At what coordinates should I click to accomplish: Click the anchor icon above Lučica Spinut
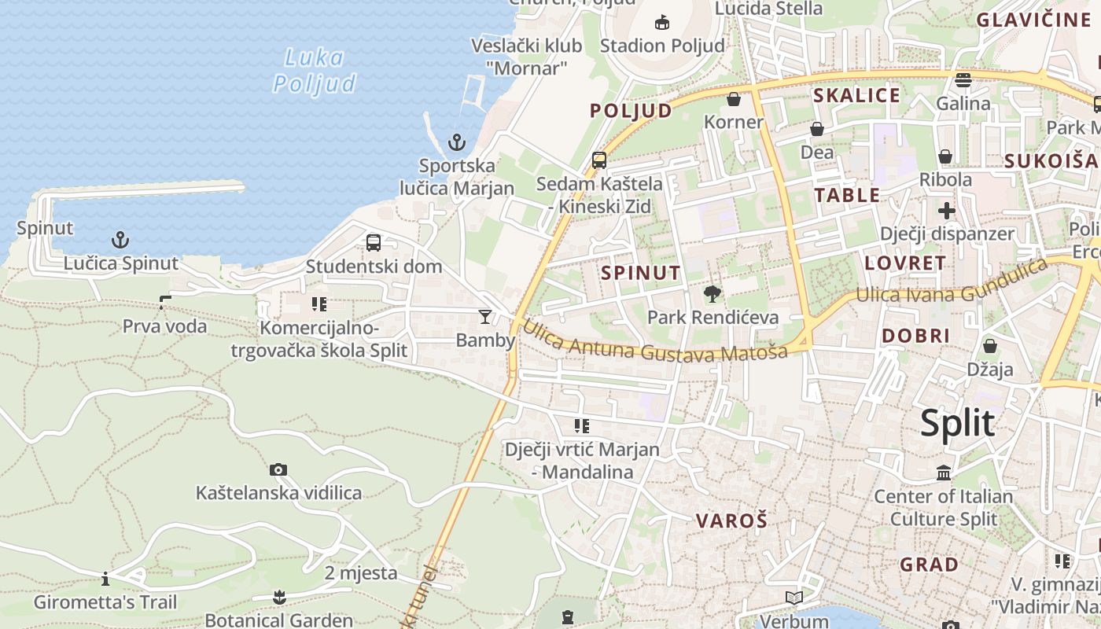pyautogui.click(x=120, y=240)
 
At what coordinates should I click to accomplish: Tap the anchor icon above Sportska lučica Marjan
pyautogui.click(x=457, y=142)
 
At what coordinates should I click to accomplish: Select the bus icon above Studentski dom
pyautogui.click(x=374, y=243)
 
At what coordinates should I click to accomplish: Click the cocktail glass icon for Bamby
pyautogui.click(x=485, y=317)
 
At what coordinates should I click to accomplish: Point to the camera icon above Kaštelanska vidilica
pyautogui.click(x=278, y=469)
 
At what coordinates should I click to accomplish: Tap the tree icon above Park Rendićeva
pyautogui.click(x=713, y=294)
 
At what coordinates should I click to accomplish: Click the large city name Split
pyautogui.click(x=957, y=424)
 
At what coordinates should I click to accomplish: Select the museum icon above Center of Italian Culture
pyautogui.click(x=944, y=473)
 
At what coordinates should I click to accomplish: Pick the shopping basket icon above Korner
pyautogui.click(x=734, y=99)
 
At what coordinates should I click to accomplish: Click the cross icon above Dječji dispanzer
pyautogui.click(x=947, y=211)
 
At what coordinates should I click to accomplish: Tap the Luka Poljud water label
pyautogui.click(x=314, y=70)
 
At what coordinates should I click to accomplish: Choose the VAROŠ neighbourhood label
pyautogui.click(x=731, y=520)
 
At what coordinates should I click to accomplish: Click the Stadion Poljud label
pyautogui.click(x=662, y=46)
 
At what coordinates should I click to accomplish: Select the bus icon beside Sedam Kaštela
pyautogui.click(x=599, y=160)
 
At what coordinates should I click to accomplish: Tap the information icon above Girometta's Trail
pyautogui.click(x=105, y=580)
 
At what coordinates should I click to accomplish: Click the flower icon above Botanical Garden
pyautogui.click(x=279, y=598)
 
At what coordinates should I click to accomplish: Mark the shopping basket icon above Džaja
pyautogui.click(x=990, y=346)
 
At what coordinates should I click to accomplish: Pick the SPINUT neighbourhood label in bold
pyautogui.click(x=640, y=273)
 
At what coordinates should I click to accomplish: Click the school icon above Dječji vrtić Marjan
pyautogui.click(x=582, y=426)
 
